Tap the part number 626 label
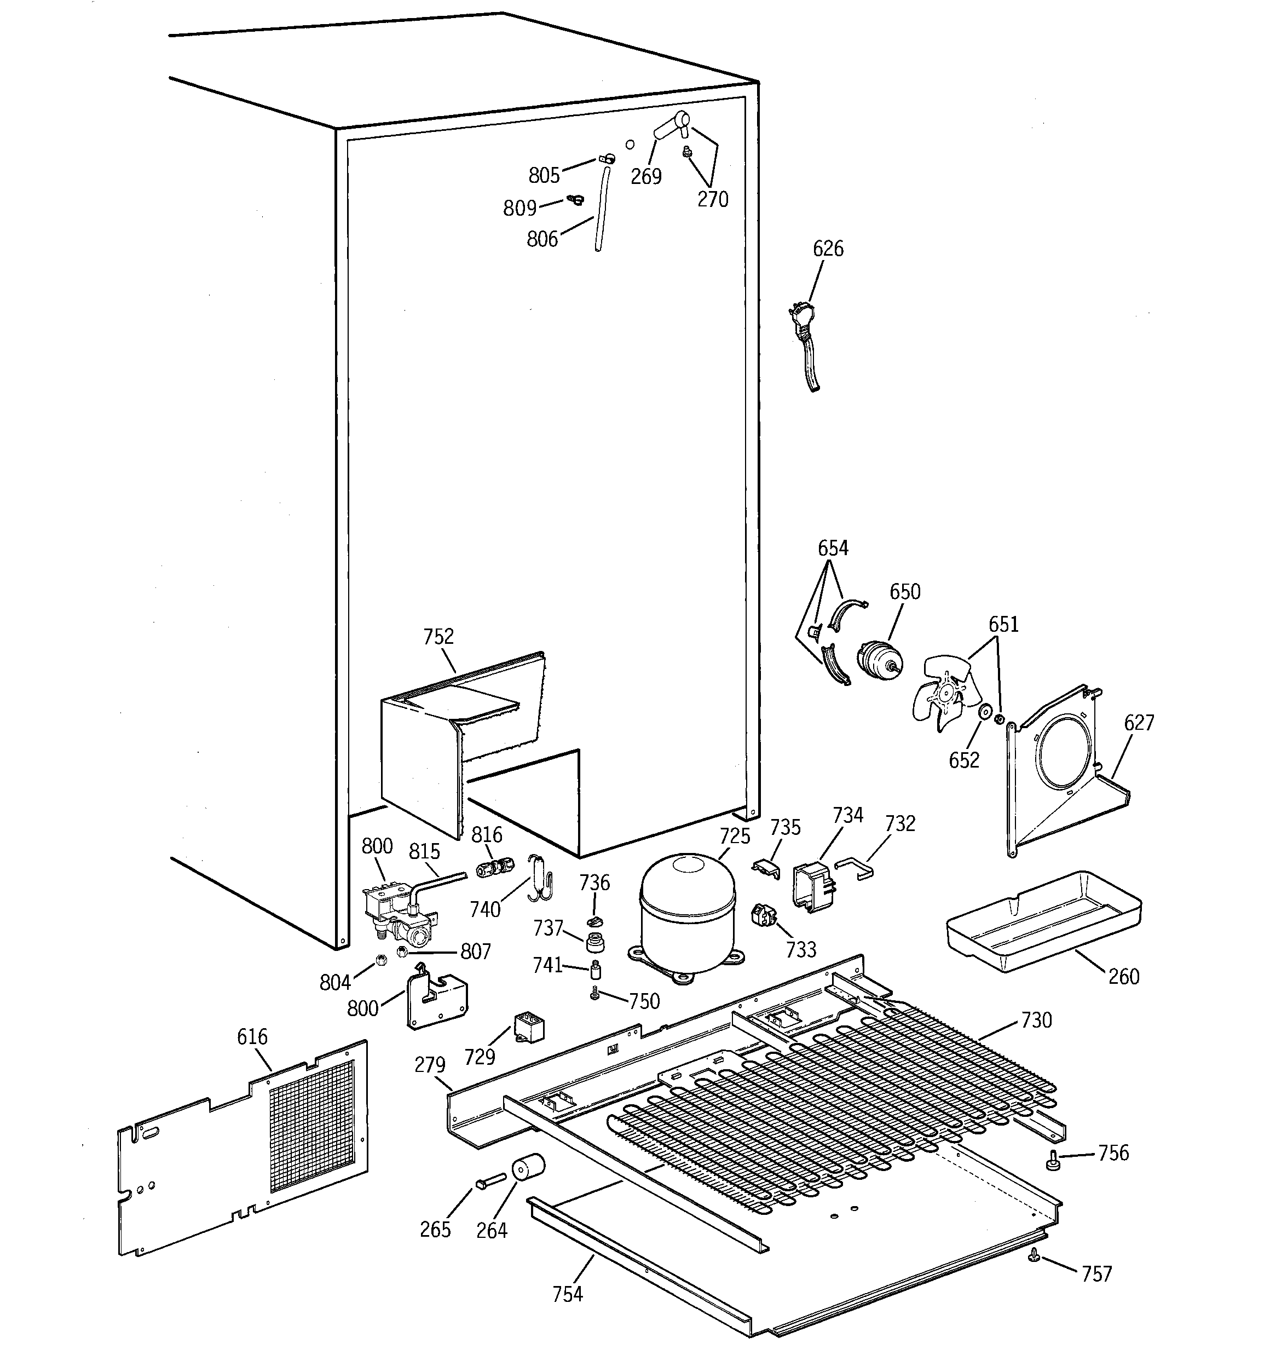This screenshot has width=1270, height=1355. click(x=828, y=249)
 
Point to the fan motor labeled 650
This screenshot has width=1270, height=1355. click(x=880, y=661)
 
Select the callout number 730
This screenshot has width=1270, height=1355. click(x=1036, y=1020)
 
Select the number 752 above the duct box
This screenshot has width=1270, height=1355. click(x=438, y=637)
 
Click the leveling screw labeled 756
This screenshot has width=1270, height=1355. click(x=1053, y=1160)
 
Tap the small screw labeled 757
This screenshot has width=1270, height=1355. click(x=1035, y=1255)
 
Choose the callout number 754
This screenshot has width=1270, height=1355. click(x=567, y=1294)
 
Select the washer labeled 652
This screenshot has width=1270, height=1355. click(x=984, y=713)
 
